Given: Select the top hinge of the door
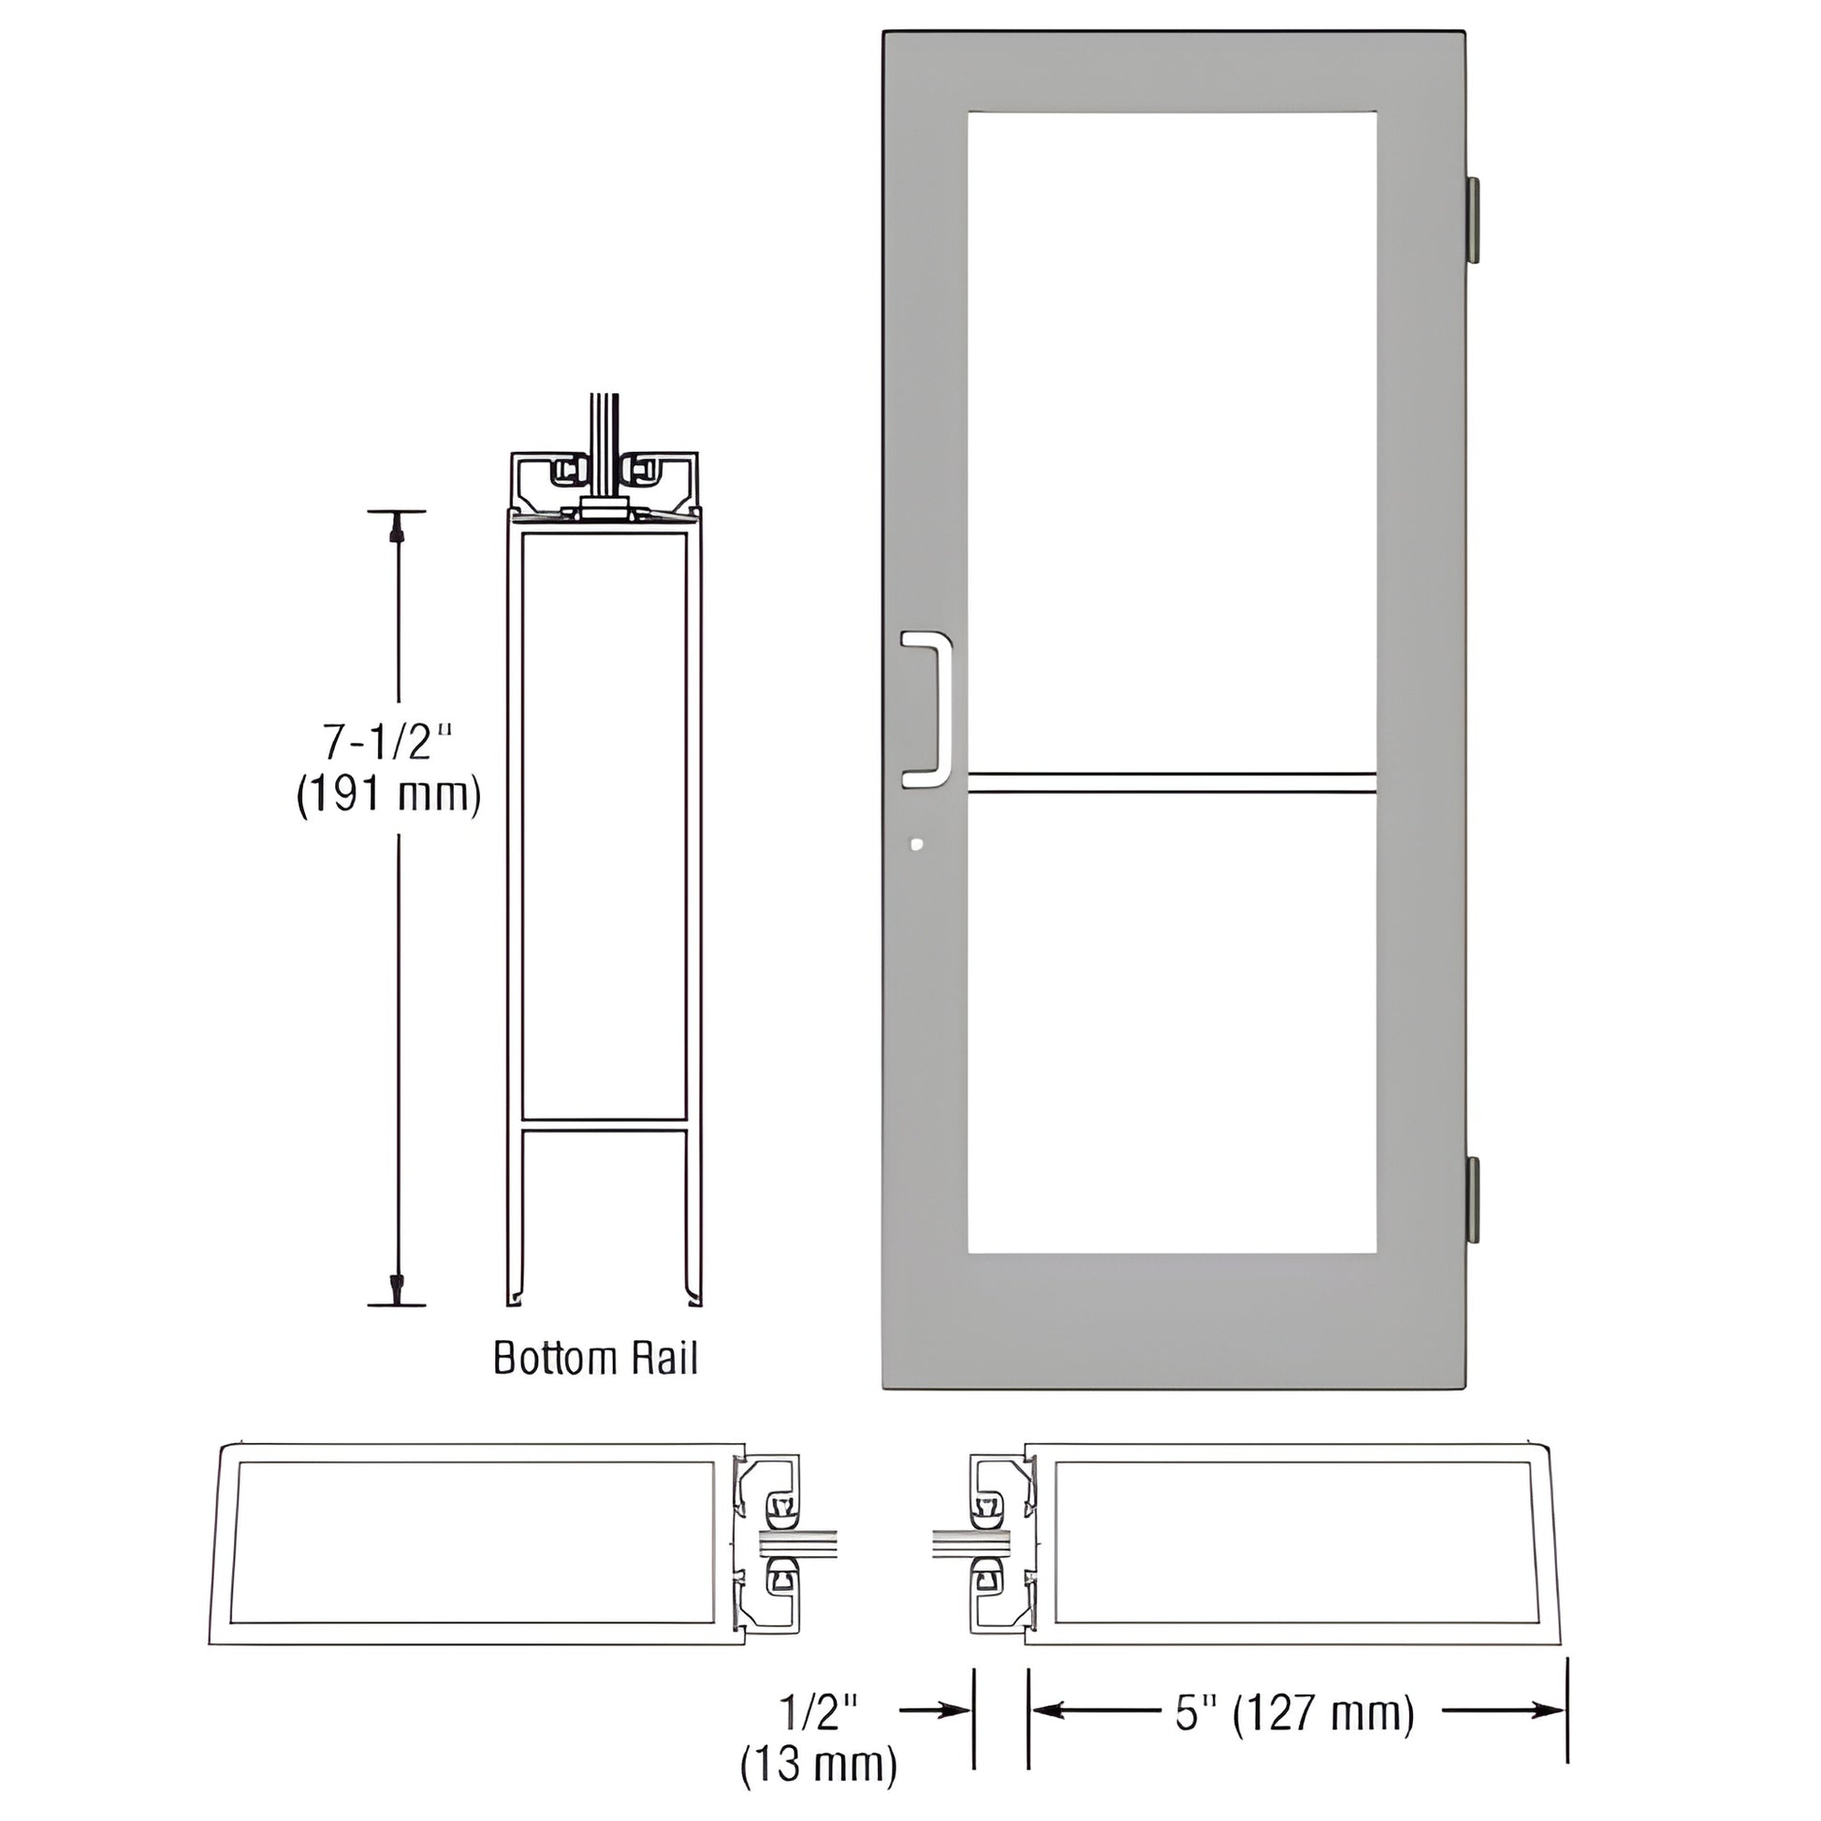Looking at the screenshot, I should (x=1471, y=219).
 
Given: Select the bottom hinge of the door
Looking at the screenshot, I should (x=1471, y=1200).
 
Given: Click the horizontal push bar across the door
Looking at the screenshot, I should (x=1172, y=782).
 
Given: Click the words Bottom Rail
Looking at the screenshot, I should (x=596, y=1358).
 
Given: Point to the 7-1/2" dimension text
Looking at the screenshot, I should (x=389, y=744).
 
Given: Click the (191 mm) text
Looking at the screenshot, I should (x=389, y=794).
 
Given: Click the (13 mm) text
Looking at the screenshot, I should (x=818, y=1765).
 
